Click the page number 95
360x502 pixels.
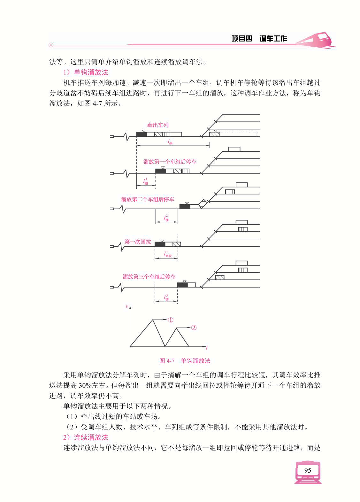pos(308,470)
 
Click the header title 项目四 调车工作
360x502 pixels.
pos(259,39)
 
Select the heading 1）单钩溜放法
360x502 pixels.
pos(86,72)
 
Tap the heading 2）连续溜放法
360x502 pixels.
pos(86,437)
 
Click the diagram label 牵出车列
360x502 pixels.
pos(158,125)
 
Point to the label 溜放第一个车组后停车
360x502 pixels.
pos(170,162)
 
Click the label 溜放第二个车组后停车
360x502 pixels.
pos(148,199)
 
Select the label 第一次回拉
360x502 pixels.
pos(138,242)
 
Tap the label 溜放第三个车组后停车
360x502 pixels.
pos(149,276)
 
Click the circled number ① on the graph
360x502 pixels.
pos(171,320)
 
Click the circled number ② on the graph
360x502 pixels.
pos(194,328)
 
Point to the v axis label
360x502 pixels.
pos(127,306)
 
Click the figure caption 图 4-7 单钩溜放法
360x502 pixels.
pos(185,361)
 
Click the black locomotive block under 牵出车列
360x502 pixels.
pos(142,134)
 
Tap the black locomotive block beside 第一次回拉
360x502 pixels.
pos(160,244)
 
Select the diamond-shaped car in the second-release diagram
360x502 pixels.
pos(203,204)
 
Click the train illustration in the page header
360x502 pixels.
pos(315,40)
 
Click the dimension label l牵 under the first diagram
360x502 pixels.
pos(170,143)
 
